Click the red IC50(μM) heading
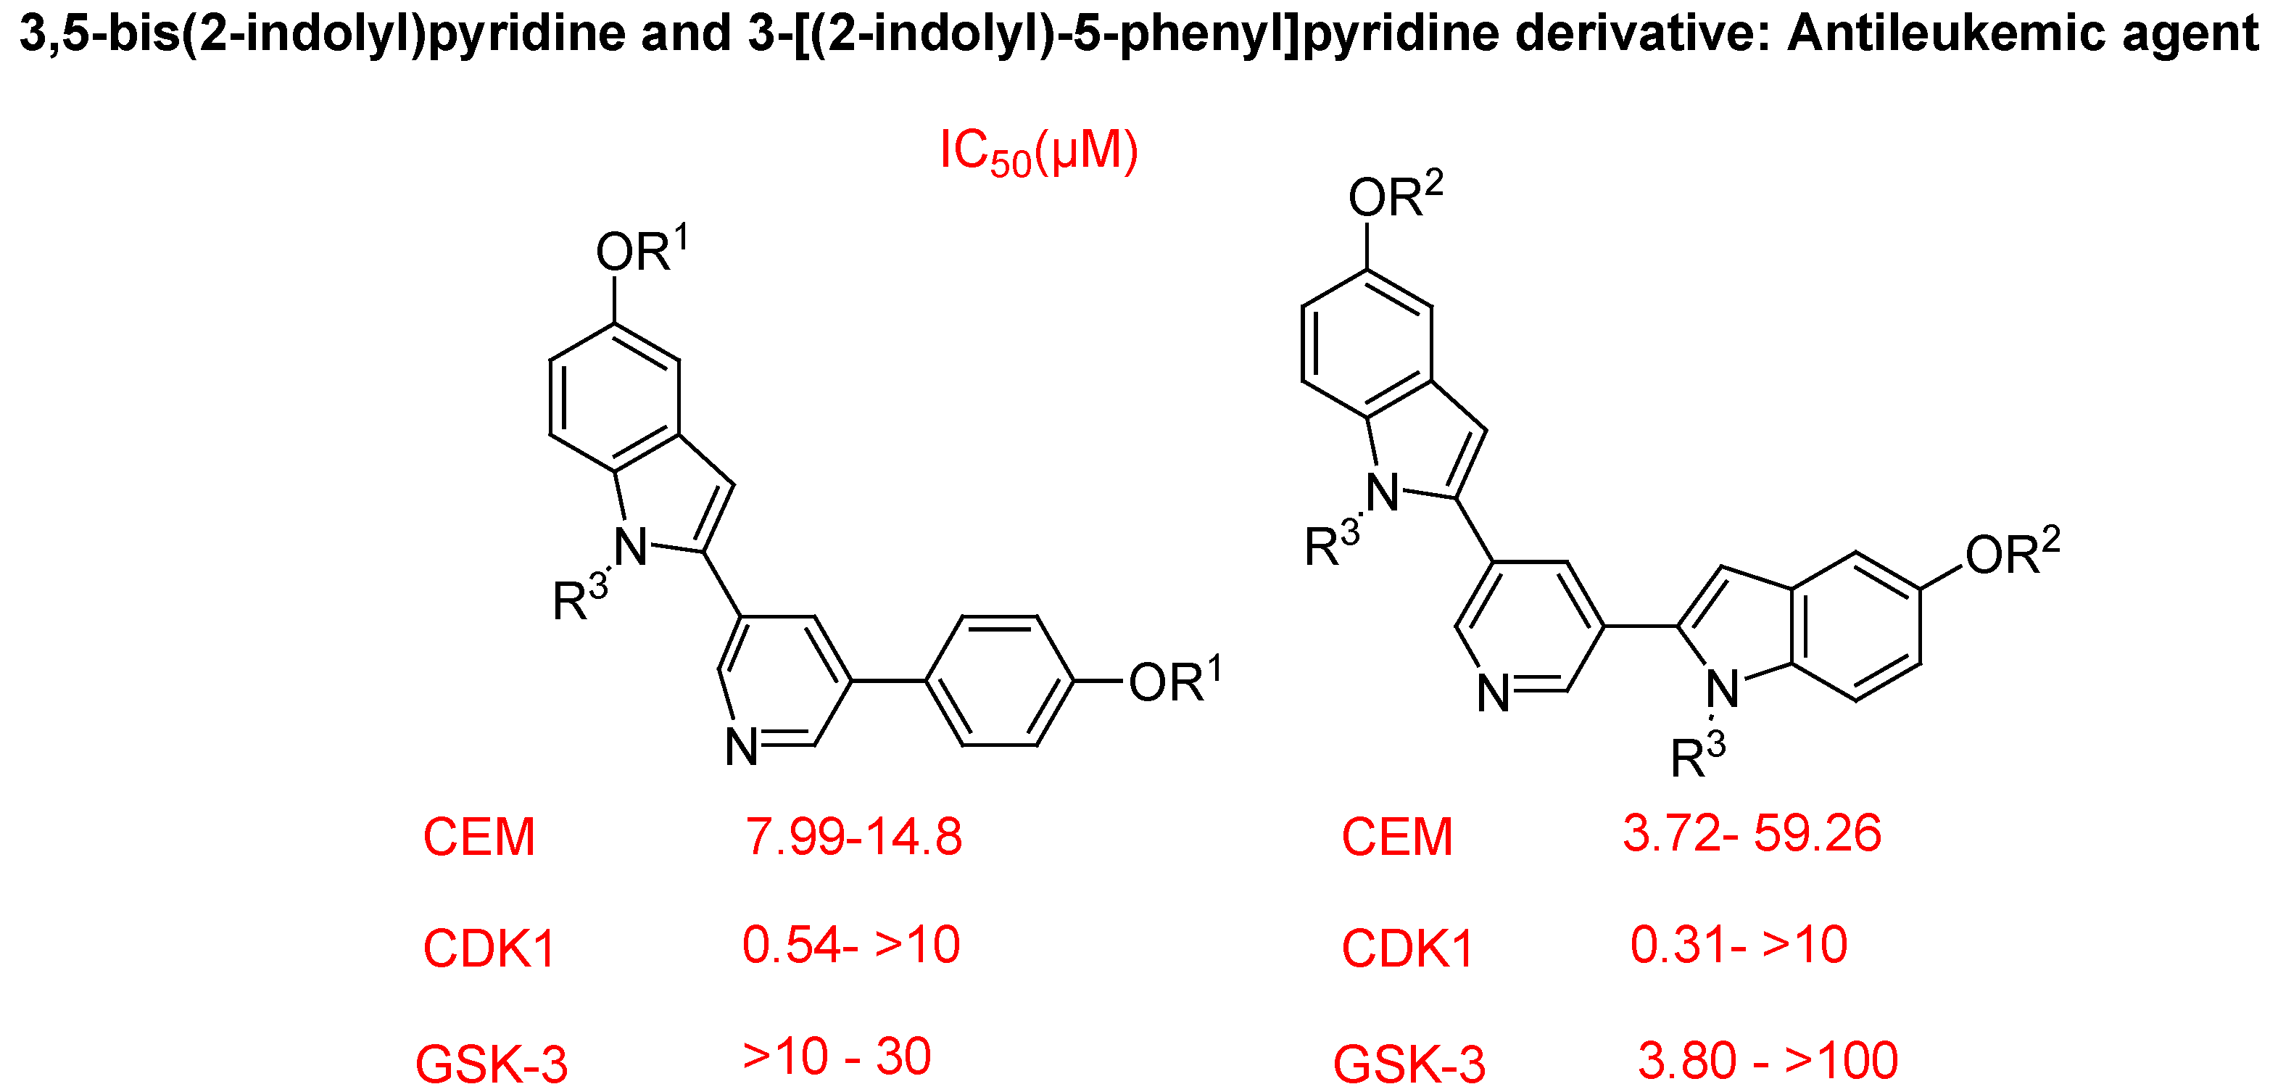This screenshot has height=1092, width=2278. click(x=1038, y=152)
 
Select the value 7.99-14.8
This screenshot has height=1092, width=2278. click(x=853, y=837)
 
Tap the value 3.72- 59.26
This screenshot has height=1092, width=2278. click(x=1752, y=833)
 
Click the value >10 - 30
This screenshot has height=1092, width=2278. click(x=837, y=1056)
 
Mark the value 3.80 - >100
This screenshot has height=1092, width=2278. click(x=1768, y=1060)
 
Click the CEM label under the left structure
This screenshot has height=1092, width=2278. click(x=479, y=837)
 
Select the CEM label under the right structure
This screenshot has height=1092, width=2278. click(x=1397, y=837)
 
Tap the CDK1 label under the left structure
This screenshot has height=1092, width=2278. click(x=489, y=948)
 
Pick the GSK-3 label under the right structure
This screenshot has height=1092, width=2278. click(x=1409, y=1064)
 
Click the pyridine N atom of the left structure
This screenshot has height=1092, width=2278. click(x=742, y=747)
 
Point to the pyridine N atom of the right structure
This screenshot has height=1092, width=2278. click(x=1494, y=693)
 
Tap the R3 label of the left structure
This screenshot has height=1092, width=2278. click(x=580, y=599)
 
